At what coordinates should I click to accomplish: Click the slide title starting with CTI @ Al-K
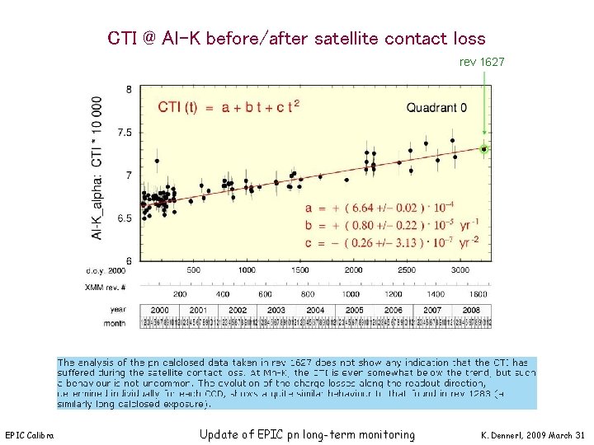[x=296, y=39]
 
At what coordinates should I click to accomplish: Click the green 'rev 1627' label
[x=482, y=62]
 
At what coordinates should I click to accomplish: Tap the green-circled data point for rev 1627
[x=484, y=149]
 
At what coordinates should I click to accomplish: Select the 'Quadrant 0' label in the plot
[x=436, y=107]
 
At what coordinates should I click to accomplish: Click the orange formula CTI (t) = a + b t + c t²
[x=229, y=106]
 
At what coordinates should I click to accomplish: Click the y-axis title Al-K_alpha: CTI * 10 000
[x=97, y=170]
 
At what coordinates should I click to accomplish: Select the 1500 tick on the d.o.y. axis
[x=299, y=270]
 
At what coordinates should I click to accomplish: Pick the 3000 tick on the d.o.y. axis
[x=460, y=270]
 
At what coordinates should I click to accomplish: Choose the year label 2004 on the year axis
[x=316, y=311]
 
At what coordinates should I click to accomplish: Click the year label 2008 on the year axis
[x=472, y=311]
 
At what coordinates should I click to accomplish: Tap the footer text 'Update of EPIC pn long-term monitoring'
[x=307, y=434]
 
